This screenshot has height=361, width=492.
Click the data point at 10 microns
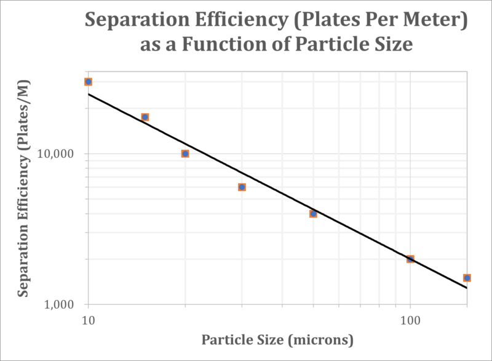click(x=89, y=81)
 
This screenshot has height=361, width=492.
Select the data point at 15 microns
click(x=145, y=117)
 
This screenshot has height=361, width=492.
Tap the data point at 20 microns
click(x=185, y=153)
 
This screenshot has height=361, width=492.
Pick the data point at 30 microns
click(x=242, y=187)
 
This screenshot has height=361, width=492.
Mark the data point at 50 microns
click(x=313, y=214)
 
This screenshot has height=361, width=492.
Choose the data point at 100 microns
click(x=410, y=259)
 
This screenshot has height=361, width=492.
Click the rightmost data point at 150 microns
click(x=467, y=278)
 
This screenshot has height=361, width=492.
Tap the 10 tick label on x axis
click(x=89, y=320)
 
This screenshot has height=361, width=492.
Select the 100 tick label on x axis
click(x=410, y=320)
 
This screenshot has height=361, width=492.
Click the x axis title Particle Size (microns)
click(x=277, y=339)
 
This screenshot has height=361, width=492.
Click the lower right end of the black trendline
click(x=467, y=288)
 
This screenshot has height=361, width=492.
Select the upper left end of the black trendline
click(x=89, y=94)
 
